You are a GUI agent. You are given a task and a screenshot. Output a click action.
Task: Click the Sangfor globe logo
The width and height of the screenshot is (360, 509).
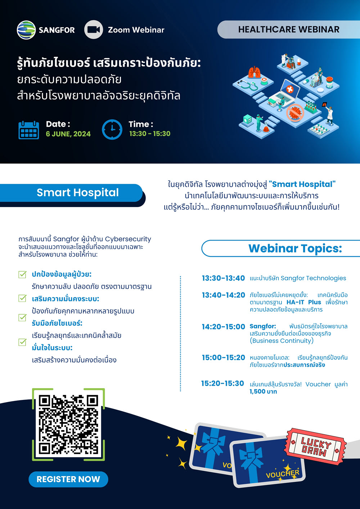(26, 30)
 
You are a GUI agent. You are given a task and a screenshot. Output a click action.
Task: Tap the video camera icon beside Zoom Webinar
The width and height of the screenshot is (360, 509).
(94, 30)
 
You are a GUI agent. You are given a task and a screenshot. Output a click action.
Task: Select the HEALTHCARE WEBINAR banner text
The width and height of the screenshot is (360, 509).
(289, 30)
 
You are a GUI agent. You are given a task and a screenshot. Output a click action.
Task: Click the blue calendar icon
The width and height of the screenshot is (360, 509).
(29, 130)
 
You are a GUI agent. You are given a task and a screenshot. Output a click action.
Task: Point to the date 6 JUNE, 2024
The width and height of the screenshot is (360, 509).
(68, 134)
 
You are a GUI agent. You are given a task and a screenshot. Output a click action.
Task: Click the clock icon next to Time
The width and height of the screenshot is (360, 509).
(112, 130)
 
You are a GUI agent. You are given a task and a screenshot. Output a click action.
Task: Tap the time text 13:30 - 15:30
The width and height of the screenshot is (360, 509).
(150, 134)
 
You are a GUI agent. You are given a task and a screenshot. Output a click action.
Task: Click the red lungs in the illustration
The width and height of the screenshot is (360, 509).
(254, 72)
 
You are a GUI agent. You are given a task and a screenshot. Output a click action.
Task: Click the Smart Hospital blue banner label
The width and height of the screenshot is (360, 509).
(78, 193)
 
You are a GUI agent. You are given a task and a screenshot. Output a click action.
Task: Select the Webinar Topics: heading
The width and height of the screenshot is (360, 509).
(295, 248)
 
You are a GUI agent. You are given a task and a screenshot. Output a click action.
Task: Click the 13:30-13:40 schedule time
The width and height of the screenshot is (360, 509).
(224, 278)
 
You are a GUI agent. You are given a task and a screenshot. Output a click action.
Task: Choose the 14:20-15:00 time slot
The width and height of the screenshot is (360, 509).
(224, 327)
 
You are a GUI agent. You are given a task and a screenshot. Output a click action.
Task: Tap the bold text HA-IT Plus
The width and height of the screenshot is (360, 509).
(303, 302)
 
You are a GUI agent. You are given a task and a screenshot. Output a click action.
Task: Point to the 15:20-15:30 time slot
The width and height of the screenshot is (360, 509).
(222, 383)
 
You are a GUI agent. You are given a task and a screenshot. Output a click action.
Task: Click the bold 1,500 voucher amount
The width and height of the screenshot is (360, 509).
(263, 392)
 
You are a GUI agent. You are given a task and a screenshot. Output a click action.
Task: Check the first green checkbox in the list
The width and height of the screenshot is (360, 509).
(22, 274)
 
